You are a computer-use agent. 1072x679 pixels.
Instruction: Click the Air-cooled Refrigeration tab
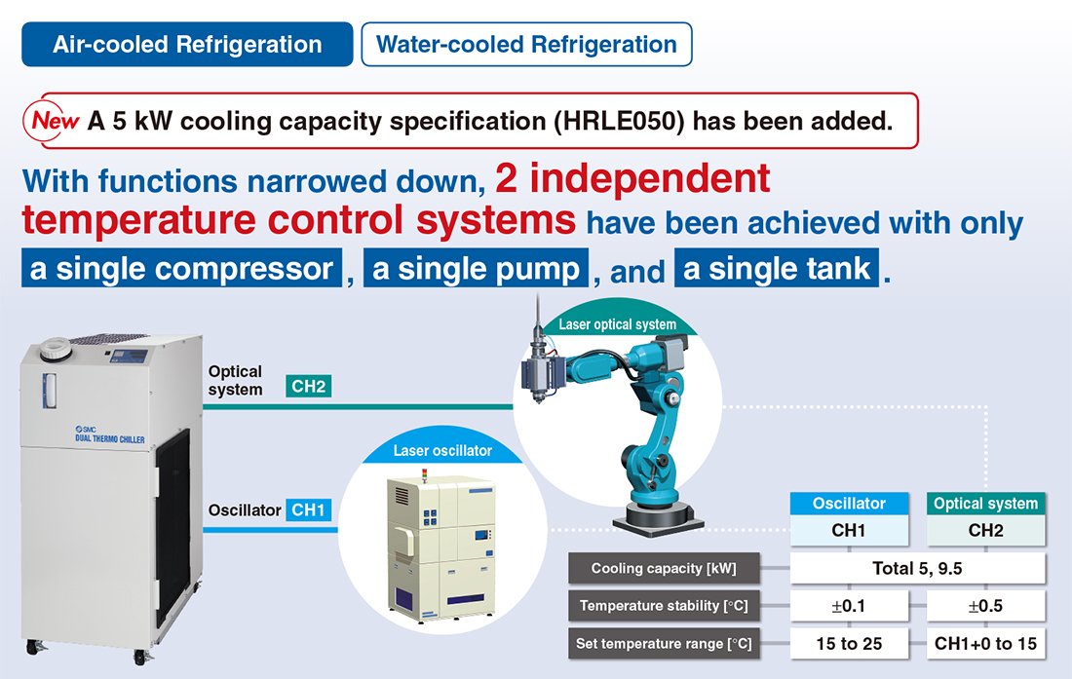tap(187, 45)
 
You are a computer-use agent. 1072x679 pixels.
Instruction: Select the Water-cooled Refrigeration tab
tap(526, 45)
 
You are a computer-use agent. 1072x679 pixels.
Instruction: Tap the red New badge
tap(55, 121)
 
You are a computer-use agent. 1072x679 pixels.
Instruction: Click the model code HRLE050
tap(620, 121)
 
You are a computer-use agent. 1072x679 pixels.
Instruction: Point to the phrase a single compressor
tap(182, 269)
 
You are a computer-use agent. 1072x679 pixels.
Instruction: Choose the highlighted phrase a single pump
tap(476, 269)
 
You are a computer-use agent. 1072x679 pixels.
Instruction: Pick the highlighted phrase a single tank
tap(777, 269)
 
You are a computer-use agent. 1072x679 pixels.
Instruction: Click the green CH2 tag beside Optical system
tap(308, 386)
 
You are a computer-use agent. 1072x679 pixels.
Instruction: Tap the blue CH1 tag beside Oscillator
tap(308, 509)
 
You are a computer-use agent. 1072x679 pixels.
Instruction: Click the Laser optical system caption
tap(617, 324)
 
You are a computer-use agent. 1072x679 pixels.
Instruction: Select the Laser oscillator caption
tap(442, 451)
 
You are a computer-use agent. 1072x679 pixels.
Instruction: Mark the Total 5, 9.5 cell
tap(917, 568)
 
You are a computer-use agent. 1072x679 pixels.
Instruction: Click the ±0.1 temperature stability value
tap(849, 606)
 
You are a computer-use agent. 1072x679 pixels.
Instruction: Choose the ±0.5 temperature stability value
tap(986, 606)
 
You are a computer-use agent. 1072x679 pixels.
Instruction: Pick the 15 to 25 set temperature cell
tap(849, 644)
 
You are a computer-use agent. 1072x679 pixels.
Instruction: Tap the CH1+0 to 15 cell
tap(986, 644)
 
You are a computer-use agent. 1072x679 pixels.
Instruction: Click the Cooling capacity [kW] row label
tap(664, 568)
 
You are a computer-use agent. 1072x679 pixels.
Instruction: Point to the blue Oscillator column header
tap(849, 504)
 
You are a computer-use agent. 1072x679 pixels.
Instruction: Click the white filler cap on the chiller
tap(55, 349)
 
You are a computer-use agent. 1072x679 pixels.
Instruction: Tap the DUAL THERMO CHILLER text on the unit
tap(110, 438)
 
